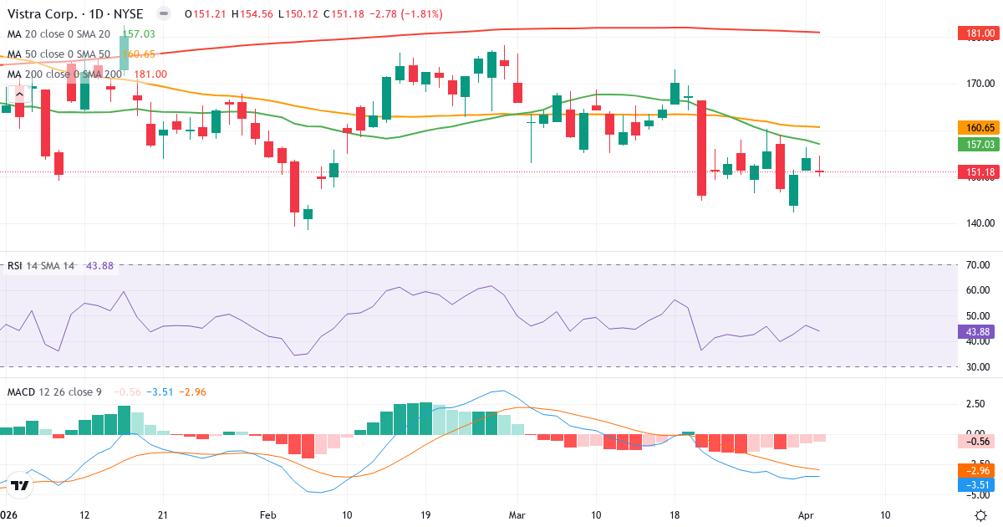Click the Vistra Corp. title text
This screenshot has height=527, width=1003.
(x=45, y=14)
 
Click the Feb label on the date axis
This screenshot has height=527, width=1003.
(x=267, y=514)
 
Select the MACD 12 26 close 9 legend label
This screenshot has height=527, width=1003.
(x=54, y=391)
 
